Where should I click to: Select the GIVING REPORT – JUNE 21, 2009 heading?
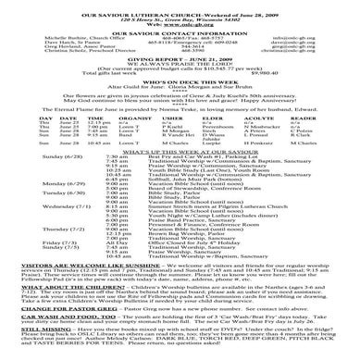pos(180,81)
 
